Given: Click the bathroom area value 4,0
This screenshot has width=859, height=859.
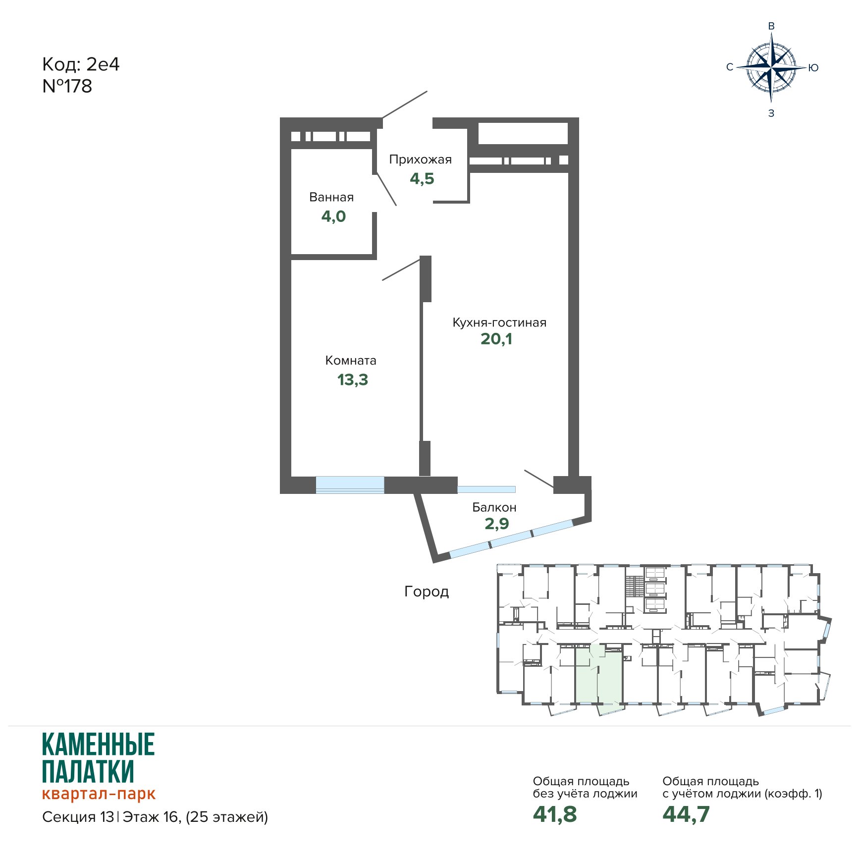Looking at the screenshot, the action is point(333,216).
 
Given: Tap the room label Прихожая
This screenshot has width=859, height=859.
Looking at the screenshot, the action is point(421,160).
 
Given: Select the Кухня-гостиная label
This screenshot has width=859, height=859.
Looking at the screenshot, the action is point(499,322).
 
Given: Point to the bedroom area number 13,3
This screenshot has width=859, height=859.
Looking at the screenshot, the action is point(353,380).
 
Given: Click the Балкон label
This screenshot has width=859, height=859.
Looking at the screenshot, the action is point(494,507).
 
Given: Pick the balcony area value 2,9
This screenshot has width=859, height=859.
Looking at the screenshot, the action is point(497,524).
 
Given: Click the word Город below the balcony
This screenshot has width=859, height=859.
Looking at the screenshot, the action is point(427,591).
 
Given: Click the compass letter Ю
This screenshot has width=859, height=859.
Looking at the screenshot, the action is point(813,68).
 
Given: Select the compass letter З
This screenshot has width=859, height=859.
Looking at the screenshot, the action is point(771,113).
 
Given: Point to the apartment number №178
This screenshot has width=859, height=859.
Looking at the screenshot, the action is point(67,86).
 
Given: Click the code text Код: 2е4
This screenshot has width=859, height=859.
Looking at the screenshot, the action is point(81,64).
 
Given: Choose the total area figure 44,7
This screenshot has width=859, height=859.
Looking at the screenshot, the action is point(686,814).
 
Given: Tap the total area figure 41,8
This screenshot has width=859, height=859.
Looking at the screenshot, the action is point(555,814).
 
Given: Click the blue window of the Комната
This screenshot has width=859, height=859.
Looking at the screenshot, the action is point(350,484).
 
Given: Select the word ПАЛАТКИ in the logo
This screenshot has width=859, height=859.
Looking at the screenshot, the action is point(88,771).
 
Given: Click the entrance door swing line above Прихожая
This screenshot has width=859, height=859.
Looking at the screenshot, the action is point(405,105).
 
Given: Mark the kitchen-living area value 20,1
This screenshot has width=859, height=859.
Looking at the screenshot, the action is point(496,339).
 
